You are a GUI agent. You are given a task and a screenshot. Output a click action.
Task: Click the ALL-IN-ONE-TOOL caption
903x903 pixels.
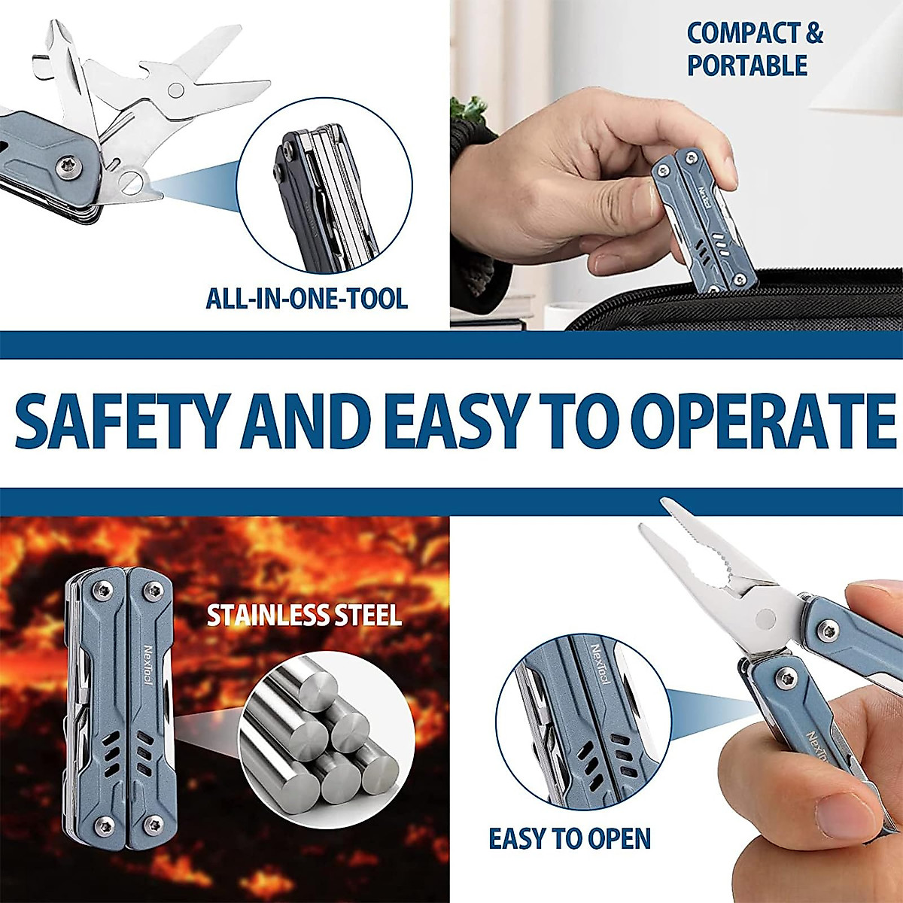[307, 299]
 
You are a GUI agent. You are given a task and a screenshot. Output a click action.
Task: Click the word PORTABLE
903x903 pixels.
[746, 66]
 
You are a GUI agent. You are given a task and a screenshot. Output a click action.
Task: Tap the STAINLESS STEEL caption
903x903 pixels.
[304, 616]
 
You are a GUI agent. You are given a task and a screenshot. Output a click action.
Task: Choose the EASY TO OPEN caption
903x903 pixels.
[570, 838]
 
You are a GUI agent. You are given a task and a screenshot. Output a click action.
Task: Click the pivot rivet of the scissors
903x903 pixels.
[176, 90]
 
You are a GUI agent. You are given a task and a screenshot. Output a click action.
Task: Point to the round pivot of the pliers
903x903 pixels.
[765, 619]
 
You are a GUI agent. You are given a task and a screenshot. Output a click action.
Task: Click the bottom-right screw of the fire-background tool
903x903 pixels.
[155, 822]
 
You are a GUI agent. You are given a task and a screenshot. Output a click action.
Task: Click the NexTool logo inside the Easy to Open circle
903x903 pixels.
[600, 662]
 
